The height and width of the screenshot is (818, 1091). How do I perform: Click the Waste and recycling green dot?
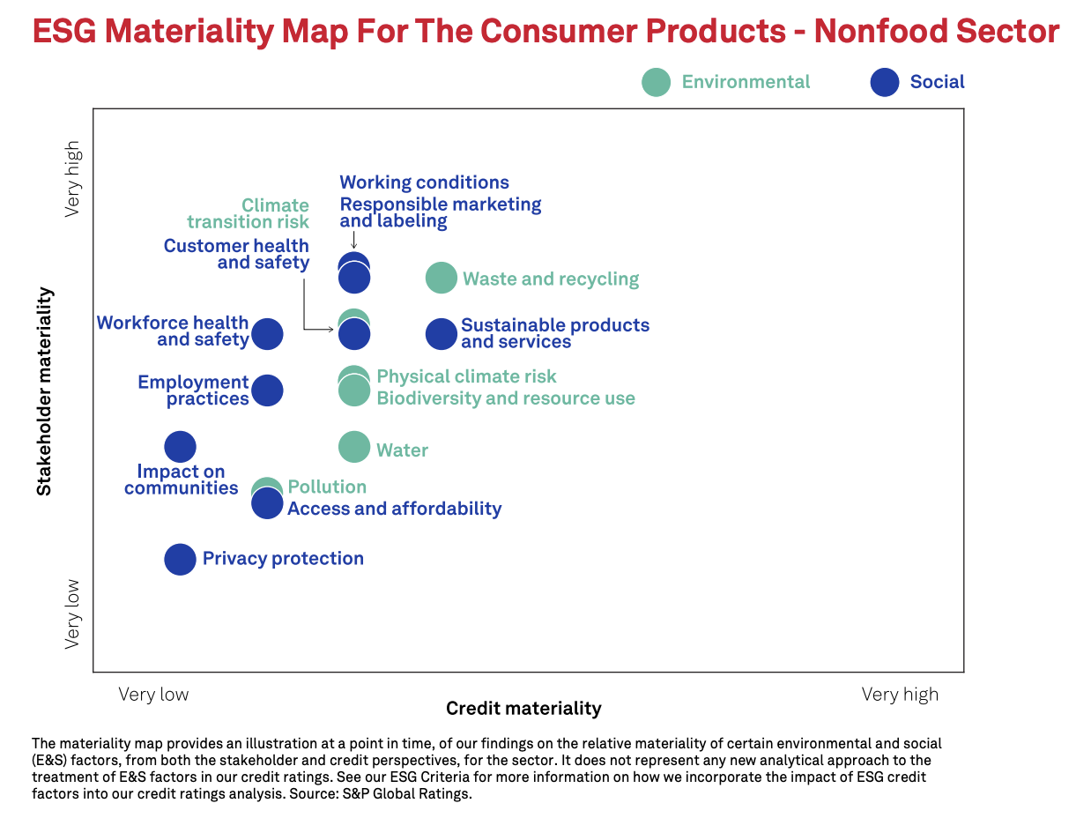[x=442, y=278]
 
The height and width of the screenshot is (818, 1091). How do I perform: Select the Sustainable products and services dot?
[x=442, y=334]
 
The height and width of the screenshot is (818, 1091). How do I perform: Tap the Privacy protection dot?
[x=180, y=559]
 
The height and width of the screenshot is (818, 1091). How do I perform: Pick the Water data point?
[x=354, y=447]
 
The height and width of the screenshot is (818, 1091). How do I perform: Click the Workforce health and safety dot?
[x=267, y=334]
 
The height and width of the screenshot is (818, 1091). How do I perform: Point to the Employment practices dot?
[x=267, y=390]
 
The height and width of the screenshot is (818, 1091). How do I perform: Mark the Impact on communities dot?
[x=180, y=447]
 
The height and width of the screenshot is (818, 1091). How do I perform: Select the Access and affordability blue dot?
[x=267, y=504]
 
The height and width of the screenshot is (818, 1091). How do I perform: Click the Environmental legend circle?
[x=656, y=82]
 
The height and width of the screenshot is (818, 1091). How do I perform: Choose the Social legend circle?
[x=884, y=82]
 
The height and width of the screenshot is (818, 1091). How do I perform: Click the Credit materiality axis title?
[x=523, y=709]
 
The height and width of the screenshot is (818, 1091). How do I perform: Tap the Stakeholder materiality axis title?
[x=44, y=390]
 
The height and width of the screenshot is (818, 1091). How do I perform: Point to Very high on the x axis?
[x=900, y=695]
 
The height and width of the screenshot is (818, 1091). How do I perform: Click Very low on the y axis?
[x=72, y=614]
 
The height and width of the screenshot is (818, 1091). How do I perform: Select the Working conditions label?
[x=424, y=182]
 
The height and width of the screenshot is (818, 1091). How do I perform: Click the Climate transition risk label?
[x=248, y=214]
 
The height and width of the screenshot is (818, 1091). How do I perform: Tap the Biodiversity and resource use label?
[x=506, y=398]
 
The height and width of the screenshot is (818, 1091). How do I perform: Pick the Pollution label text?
[x=327, y=487]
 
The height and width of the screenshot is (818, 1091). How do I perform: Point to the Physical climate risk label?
[x=466, y=376]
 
